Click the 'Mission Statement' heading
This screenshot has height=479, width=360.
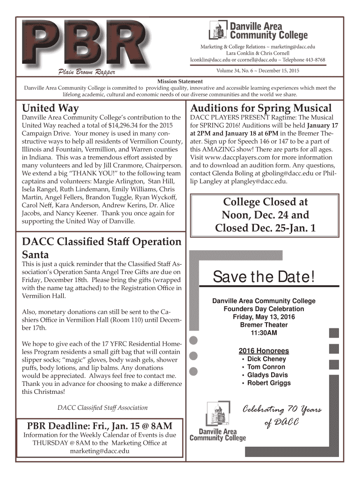click(x=180, y=81)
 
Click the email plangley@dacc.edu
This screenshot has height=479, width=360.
click(x=257, y=181)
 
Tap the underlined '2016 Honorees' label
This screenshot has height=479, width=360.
click(x=264, y=351)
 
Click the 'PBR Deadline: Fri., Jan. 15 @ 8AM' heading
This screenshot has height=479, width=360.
click(x=99, y=426)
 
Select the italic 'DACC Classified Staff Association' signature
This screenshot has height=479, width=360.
click(x=102, y=408)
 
